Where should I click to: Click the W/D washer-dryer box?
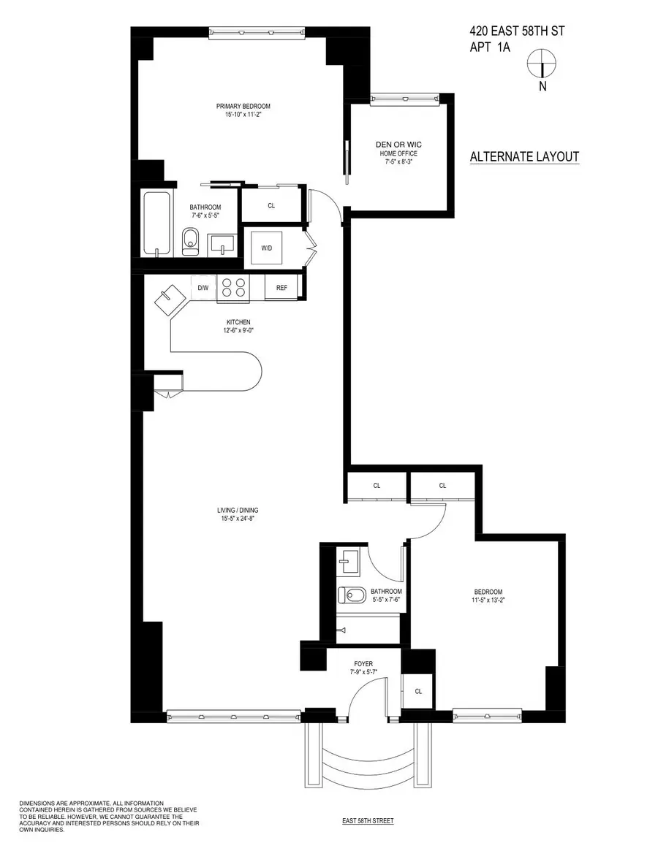[266, 248]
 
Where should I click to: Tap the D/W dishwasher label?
[203, 288]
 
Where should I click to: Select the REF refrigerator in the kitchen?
[281, 288]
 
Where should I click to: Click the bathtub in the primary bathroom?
[156, 224]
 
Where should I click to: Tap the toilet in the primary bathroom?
[190, 240]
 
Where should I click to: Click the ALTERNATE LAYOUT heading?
[524, 156]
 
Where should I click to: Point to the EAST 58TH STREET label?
[368, 821]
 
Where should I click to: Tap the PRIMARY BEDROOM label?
[243, 107]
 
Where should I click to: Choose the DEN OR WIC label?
[398, 145]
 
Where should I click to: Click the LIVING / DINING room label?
[238, 510]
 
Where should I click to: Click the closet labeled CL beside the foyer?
[418, 691]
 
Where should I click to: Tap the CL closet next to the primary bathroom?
[271, 206]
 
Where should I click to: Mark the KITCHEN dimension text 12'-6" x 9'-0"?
[238, 330]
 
